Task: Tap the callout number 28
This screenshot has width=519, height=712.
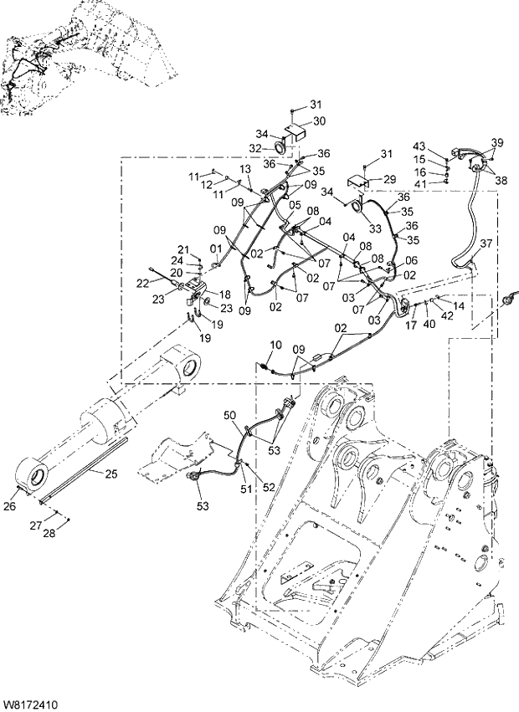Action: (x=49, y=534)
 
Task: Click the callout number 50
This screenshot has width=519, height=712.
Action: (x=229, y=415)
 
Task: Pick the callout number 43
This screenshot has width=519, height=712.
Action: (x=419, y=147)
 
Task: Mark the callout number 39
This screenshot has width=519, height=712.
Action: (x=497, y=142)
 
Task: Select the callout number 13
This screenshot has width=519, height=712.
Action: (x=244, y=169)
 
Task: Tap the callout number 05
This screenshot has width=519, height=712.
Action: (x=294, y=203)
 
